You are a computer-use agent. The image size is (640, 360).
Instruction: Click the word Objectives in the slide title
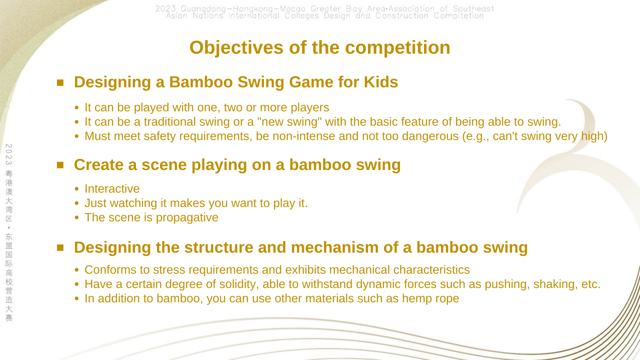tap(236, 48)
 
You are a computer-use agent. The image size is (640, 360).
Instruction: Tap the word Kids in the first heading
tap(381, 82)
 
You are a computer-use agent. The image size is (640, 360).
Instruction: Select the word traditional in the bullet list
tap(170, 122)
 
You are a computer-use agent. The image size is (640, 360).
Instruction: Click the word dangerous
tap(430, 136)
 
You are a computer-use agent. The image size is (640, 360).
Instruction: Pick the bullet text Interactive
tap(112, 189)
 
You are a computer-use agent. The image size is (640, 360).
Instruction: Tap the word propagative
tap(187, 218)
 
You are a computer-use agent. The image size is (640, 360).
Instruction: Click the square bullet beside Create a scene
tap(60, 165)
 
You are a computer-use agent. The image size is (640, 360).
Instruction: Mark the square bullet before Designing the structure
tap(60, 248)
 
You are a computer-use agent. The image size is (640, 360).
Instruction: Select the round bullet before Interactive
tap(77, 189)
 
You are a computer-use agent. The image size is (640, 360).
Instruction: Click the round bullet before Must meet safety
tap(77, 136)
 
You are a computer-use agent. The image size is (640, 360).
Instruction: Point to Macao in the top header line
tap(293, 9)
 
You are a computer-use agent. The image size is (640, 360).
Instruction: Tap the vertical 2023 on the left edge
tap(9, 154)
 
